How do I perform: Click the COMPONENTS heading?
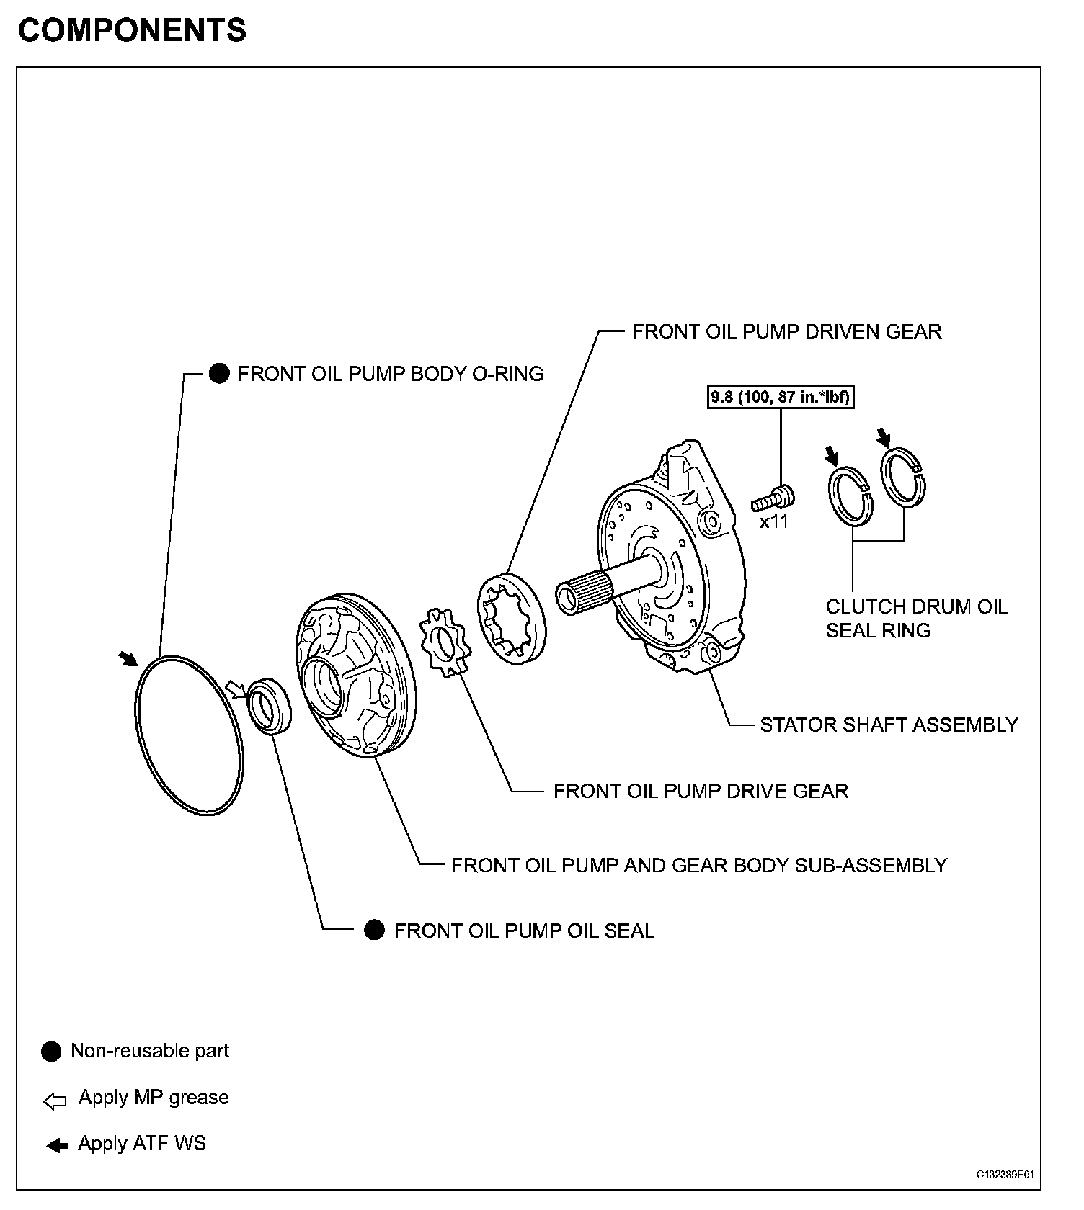(x=132, y=31)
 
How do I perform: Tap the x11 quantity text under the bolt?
(x=774, y=521)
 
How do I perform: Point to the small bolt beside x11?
(x=774, y=497)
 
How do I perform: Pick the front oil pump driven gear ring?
(x=511, y=615)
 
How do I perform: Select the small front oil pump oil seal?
(x=270, y=705)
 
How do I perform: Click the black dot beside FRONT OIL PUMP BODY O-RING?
(x=219, y=373)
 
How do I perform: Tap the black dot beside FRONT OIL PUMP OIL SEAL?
(x=374, y=930)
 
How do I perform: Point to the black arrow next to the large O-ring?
(x=128, y=658)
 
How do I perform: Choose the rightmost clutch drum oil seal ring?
(x=905, y=478)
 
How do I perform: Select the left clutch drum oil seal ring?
(x=850, y=497)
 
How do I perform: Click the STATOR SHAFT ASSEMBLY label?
(x=889, y=725)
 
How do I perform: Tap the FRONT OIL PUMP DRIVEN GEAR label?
(x=786, y=331)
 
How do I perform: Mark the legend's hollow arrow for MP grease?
(x=55, y=1101)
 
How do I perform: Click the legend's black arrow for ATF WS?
(x=57, y=1145)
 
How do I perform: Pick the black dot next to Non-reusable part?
(x=52, y=1052)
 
